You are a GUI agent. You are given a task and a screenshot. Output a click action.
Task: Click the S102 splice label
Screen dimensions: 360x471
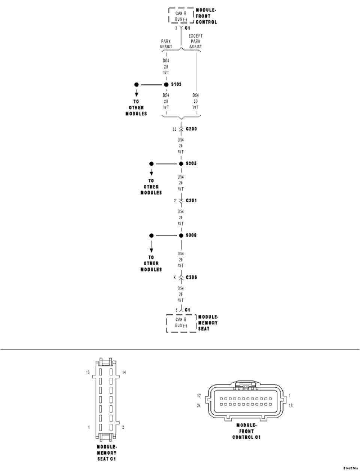click(176, 85)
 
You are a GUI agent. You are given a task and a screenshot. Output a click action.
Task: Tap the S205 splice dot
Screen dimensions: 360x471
click(181, 164)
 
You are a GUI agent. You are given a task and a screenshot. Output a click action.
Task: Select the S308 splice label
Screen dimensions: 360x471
click(191, 236)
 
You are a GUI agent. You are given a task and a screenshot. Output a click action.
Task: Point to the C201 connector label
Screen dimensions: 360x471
click(191, 201)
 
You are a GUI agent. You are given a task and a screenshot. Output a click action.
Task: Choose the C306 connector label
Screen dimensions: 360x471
click(191, 278)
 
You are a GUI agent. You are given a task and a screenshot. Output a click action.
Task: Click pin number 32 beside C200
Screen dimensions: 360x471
click(174, 129)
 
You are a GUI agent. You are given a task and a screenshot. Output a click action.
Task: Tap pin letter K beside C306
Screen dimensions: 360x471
click(174, 278)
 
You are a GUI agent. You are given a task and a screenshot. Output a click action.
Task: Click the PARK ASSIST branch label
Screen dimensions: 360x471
click(166, 44)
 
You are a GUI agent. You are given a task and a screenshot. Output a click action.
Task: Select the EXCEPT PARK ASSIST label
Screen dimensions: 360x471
click(195, 41)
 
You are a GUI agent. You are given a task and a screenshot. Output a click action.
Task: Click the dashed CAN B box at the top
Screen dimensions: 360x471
click(181, 16)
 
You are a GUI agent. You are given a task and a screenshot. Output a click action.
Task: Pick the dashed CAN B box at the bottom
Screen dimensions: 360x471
click(181, 323)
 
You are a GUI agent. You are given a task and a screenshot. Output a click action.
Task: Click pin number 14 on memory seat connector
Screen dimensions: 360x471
click(124, 372)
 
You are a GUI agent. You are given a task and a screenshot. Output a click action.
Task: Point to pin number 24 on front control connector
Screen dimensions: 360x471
click(199, 405)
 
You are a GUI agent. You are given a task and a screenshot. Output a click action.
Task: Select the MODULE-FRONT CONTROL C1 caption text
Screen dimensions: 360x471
click(246, 431)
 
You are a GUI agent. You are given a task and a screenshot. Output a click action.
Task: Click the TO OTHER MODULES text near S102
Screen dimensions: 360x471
click(136, 108)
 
